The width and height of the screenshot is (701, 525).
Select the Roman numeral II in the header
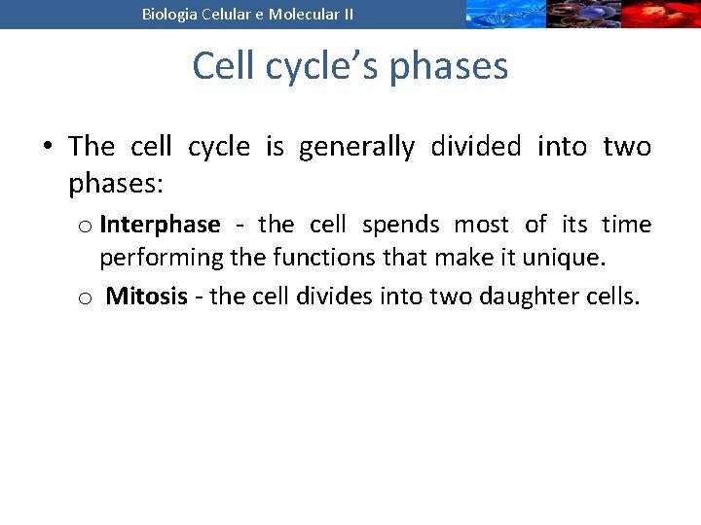(x=347, y=14)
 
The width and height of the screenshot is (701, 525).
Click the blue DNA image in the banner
(x=503, y=14)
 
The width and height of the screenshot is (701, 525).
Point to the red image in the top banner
(x=661, y=14)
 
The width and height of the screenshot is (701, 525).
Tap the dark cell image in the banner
(x=582, y=14)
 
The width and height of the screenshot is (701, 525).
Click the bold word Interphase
(x=160, y=225)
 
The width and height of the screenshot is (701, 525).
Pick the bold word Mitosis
(x=146, y=297)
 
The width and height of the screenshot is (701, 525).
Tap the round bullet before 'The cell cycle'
(x=47, y=148)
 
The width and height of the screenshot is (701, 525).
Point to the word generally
(x=355, y=147)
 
